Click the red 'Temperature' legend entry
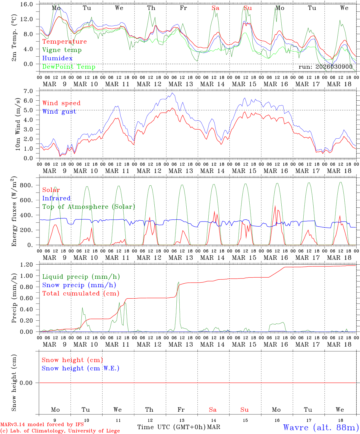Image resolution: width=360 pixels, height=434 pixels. pos(65,42)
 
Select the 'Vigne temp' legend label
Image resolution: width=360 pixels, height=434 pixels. pos(62,50)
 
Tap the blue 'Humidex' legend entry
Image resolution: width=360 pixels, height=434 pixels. pos(57,58)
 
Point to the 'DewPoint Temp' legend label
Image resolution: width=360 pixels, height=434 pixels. pos(69,67)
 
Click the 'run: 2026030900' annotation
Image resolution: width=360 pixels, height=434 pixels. pos(325,67)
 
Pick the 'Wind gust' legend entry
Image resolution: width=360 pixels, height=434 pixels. pos(59,112)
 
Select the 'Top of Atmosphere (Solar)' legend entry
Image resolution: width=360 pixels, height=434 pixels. pos(88,207)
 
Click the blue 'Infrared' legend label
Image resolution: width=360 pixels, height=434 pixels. pos(56,198)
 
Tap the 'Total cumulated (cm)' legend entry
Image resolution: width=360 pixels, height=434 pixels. pos(81,293)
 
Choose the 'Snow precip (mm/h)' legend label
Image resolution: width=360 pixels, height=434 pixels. pos(79,285)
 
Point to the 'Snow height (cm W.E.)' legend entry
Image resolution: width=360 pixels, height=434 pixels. pos(81,368)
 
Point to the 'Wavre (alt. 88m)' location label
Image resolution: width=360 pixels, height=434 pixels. pos(321,427)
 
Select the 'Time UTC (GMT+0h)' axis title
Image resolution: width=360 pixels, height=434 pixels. pos(171,427)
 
